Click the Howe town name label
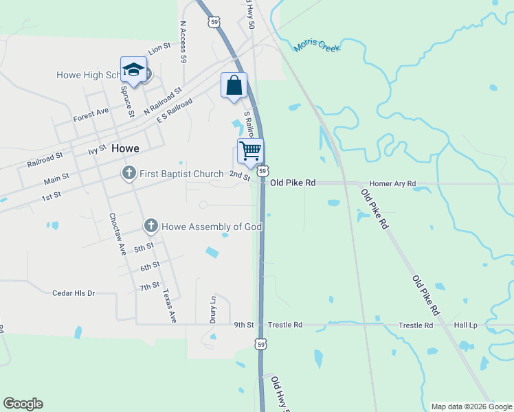[125, 148]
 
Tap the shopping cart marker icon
[251, 150]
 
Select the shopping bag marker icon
[234, 85]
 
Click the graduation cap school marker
[134, 69]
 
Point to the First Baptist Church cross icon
[128, 173]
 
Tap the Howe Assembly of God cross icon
[151, 225]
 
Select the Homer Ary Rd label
[392, 184]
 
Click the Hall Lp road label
[465, 325]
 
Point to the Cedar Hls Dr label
[74, 293]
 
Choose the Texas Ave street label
[169, 306]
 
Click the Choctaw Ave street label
[118, 234]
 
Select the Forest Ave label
[91, 115]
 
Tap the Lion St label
[159, 48]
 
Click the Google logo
[23, 404]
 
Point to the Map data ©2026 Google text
[471, 407]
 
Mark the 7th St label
[149, 286]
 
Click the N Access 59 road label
[183, 42]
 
